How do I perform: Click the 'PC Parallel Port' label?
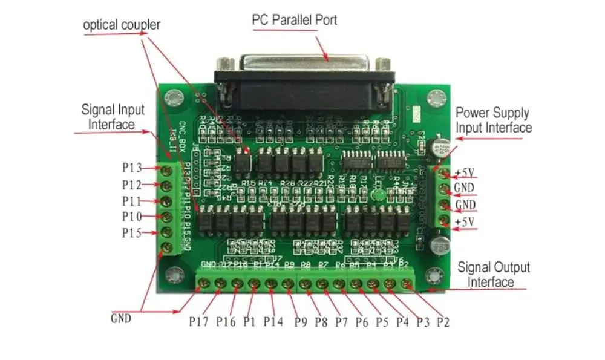294,19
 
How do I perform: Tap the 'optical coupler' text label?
122,25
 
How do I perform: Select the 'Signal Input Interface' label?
113,117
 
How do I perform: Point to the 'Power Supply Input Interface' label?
493,120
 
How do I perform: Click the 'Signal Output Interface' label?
493,274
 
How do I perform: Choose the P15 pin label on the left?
132,233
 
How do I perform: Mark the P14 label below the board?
273,321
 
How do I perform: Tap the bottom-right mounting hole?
433,277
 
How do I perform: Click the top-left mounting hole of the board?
175,97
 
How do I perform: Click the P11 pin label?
132,200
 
